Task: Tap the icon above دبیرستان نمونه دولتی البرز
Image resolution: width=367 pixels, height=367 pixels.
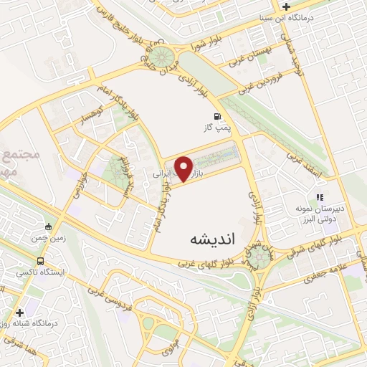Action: point(320,197)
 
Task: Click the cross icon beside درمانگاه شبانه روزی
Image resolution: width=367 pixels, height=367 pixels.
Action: point(19,313)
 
